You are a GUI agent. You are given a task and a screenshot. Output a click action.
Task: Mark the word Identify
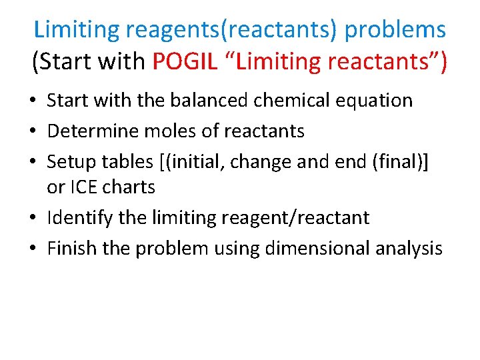point(80,218)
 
